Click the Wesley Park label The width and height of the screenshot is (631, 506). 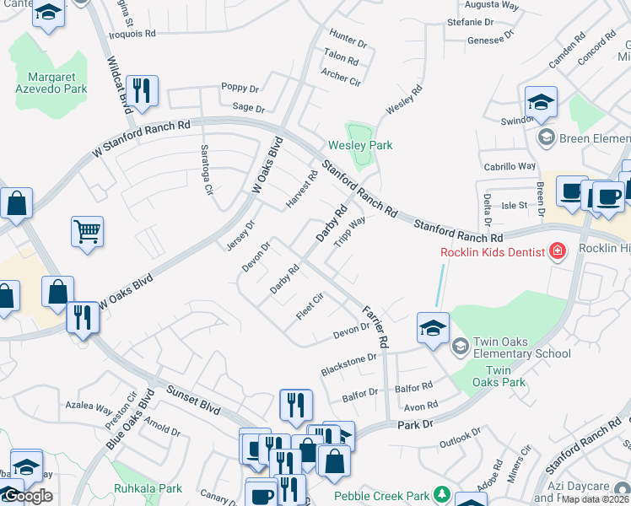click(x=360, y=146)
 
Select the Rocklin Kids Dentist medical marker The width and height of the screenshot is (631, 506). click(x=557, y=250)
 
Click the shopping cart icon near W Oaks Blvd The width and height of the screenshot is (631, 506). click(x=87, y=231)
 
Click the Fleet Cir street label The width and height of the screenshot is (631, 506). click(x=310, y=306)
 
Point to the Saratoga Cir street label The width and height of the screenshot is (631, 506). click(x=205, y=169)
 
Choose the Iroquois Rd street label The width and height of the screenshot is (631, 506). click(x=133, y=35)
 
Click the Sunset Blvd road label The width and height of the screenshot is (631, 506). click(x=193, y=399)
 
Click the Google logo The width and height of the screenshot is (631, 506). click(x=27, y=496)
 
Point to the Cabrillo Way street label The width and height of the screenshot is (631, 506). click(x=510, y=166)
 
